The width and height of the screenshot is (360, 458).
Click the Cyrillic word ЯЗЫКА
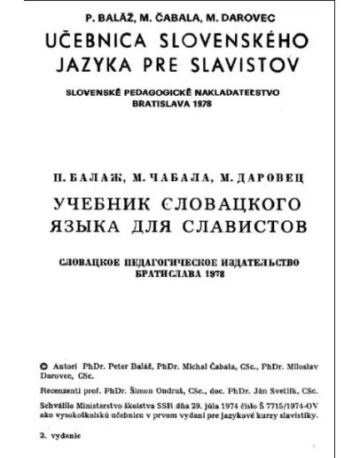(x=91, y=228)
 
